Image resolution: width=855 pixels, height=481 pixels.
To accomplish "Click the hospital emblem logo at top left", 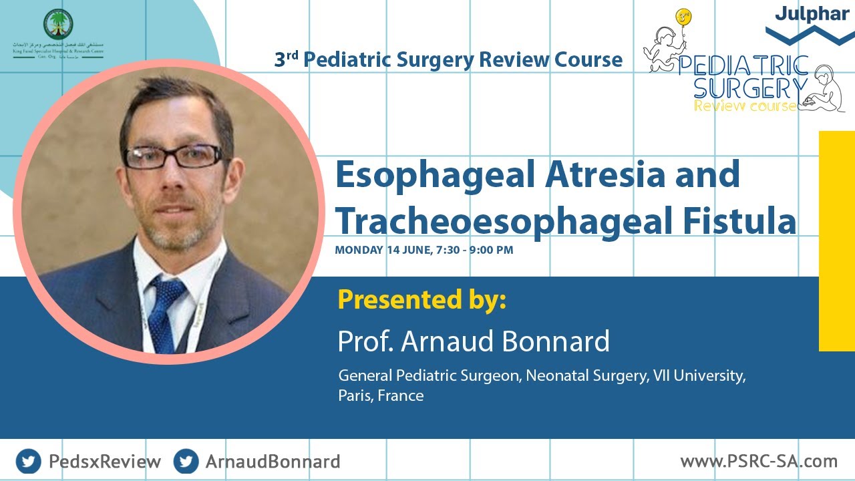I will pyautogui.click(x=58, y=25).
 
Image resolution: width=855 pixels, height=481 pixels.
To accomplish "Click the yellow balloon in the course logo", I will pyautogui.click(x=683, y=17).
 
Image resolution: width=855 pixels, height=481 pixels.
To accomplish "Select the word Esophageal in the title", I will pyautogui.click(x=434, y=175).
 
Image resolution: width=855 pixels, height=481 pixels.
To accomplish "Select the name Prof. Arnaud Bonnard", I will pyautogui.click(x=474, y=341).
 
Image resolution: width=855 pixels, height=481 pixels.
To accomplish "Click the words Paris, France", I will pyautogui.click(x=381, y=395).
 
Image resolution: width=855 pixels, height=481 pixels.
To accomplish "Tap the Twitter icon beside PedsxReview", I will pyautogui.click(x=28, y=461).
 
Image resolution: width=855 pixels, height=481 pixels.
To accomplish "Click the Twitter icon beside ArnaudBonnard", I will pyautogui.click(x=186, y=461).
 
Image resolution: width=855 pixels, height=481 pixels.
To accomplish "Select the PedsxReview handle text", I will pyautogui.click(x=105, y=461).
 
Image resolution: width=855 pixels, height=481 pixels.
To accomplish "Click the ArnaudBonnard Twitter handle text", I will pyautogui.click(x=273, y=461).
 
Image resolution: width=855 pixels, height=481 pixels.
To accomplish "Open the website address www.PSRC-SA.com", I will pyautogui.click(x=759, y=460).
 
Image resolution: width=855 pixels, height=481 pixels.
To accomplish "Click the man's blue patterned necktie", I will pyautogui.click(x=164, y=311).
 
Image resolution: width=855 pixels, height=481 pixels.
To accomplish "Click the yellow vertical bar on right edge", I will pyautogui.click(x=836, y=240).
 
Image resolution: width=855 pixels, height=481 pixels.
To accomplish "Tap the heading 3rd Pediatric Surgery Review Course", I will pyautogui.click(x=448, y=59).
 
